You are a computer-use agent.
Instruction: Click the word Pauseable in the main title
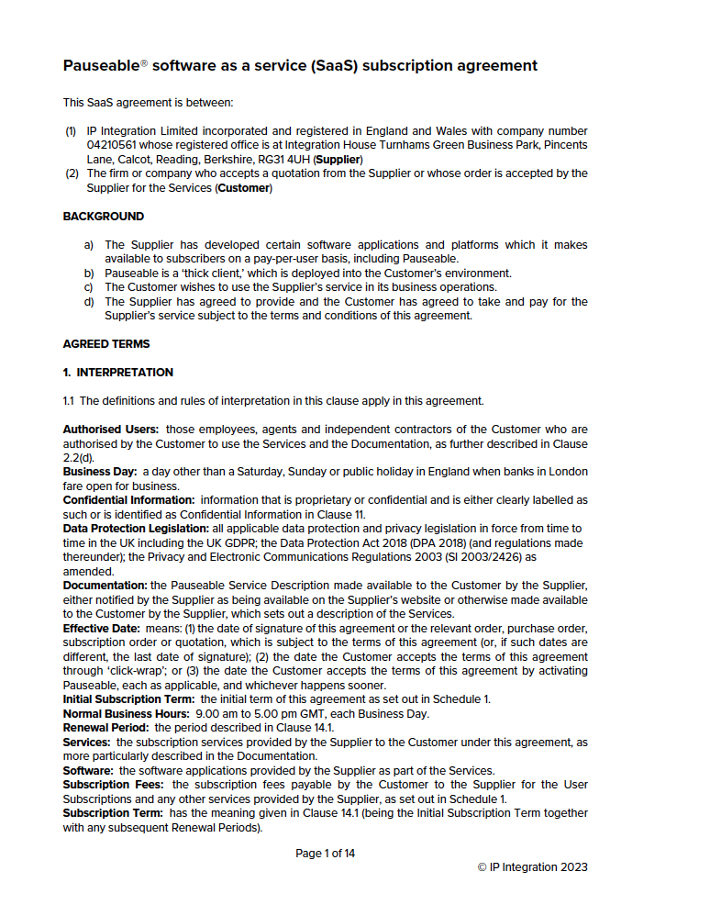point(100,66)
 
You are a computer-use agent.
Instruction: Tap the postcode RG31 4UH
point(285,160)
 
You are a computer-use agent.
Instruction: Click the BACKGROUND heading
point(103,217)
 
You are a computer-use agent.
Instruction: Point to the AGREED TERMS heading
point(105,344)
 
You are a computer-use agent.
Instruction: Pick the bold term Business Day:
point(99,472)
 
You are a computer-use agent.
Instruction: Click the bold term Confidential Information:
point(128,500)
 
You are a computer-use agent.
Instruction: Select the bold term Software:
point(88,770)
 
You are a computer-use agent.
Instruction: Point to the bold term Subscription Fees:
point(114,785)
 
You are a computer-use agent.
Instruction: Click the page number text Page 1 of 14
point(325,854)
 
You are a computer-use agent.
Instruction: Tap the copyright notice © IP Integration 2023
point(532,867)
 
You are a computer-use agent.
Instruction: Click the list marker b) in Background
point(89,274)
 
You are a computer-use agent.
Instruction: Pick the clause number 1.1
point(70,401)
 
